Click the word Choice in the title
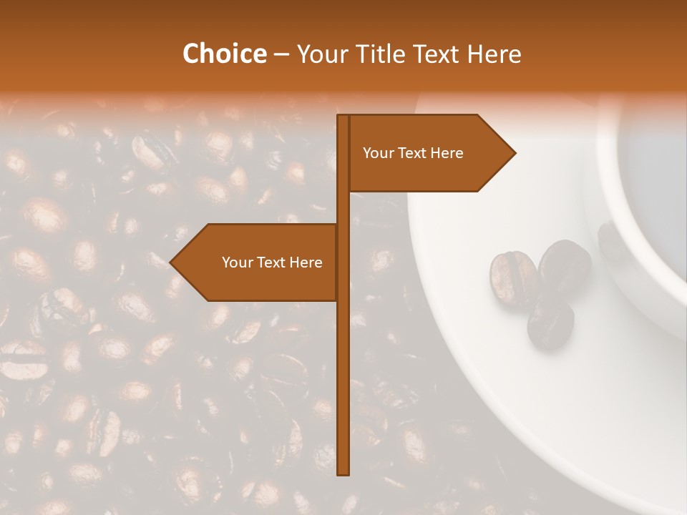pos(224,54)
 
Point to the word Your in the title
pos(321,54)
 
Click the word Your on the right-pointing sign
pos(378,153)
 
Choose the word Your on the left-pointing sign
pos(237,263)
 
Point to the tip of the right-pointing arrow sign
pos(514,152)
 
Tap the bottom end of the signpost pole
pos(343,472)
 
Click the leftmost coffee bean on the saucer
pos(512,278)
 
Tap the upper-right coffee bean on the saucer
pos(565,265)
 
